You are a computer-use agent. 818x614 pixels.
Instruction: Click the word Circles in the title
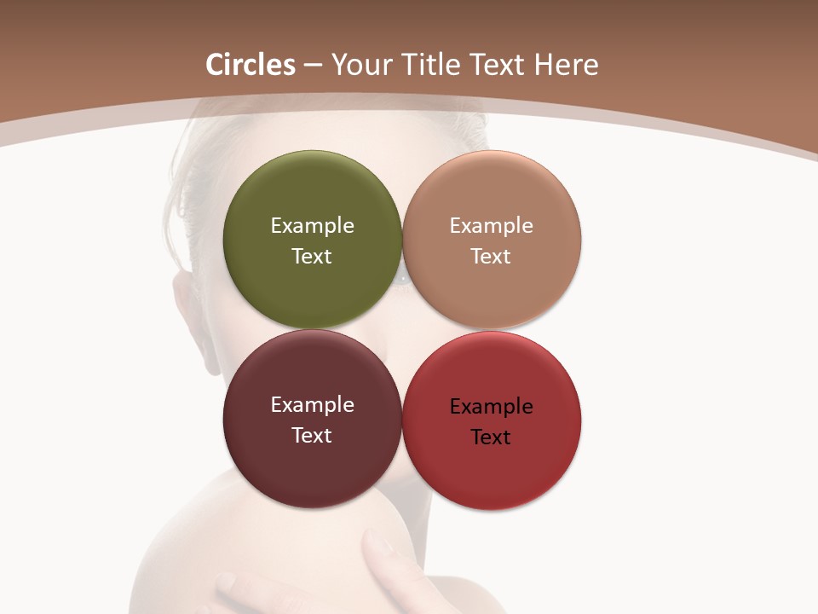[x=251, y=65]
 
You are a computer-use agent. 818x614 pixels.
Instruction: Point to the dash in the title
[x=313, y=66]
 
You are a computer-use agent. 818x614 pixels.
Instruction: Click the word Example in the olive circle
[x=312, y=226]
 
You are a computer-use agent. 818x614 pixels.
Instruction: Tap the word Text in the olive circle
[x=312, y=257]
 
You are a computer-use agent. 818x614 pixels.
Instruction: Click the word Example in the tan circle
[x=491, y=226]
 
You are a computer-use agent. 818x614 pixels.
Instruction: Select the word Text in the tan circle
[x=491, y=257]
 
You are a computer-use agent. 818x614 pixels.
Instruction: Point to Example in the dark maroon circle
[x=312, y=405]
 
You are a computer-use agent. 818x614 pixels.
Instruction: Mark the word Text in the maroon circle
[x=312, y=436]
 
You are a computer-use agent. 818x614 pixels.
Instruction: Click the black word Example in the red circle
[x=491, y=407]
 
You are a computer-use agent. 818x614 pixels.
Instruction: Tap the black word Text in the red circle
[x=491, y=437]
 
